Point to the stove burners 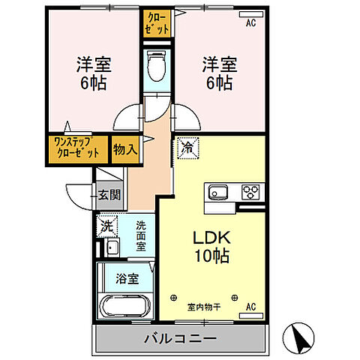(x=249, y=193)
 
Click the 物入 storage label (x=125, y=148)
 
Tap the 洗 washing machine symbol (x=107, y=224)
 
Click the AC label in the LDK (x=251, y=305)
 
